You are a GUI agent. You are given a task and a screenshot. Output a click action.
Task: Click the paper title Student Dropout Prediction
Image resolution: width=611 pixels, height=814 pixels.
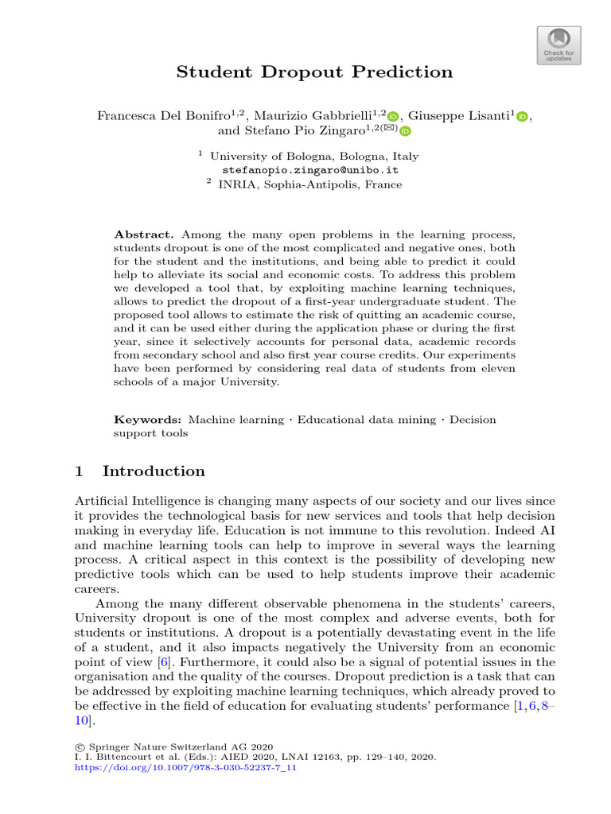click(314, 72)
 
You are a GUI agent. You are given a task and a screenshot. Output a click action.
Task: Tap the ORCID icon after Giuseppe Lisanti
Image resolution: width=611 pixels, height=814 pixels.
click(522, 117)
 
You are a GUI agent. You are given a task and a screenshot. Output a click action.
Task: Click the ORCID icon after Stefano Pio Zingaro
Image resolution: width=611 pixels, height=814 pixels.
click(405, 131)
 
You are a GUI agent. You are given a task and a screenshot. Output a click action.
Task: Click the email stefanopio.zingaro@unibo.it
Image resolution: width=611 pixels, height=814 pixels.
click(310, 170)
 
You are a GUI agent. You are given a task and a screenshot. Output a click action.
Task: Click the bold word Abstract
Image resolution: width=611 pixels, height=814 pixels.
click(144, 235)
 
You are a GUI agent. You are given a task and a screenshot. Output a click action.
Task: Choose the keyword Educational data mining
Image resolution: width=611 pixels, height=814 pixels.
click(367, 419)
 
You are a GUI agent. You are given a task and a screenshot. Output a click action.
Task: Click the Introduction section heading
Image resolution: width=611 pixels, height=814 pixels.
click(154, 471)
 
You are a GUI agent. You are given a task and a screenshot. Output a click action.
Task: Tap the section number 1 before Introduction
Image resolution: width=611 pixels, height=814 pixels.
click(79, 471)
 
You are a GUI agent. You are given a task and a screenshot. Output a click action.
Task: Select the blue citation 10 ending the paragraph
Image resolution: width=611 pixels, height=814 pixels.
click(81, 721)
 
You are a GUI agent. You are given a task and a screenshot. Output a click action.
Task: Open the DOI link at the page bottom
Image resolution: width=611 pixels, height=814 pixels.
click(185, 769)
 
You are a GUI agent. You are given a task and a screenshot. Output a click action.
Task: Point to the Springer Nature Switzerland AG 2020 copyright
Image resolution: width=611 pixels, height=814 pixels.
click(180, 746)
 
